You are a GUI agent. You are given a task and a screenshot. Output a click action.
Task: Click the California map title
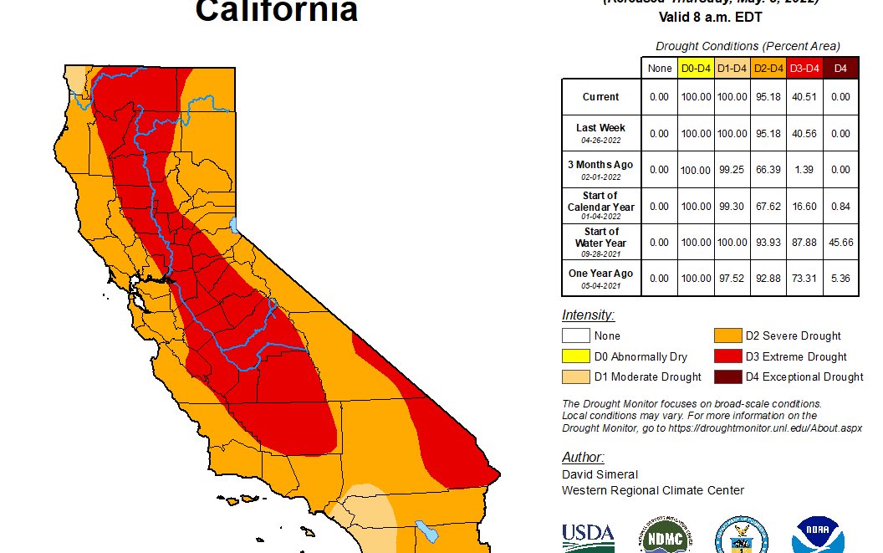coord(277,12)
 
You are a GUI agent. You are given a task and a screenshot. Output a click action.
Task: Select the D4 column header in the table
coord(840,68)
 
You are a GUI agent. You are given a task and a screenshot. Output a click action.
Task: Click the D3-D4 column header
coord(804,68)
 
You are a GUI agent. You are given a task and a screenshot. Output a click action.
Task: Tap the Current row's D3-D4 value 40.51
coord(804,97)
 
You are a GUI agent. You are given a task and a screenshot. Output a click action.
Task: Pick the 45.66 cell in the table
coord(840,243)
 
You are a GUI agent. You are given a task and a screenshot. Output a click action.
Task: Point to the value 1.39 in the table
coord(804,170)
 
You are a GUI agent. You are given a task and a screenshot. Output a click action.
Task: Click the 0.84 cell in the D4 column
coord(840,207)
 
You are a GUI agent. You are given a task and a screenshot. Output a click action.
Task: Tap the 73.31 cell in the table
coord(804,279)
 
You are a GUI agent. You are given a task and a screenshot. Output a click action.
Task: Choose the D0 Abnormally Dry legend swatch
coord(575,356)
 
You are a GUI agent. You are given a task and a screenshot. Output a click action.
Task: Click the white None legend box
coord(575,336)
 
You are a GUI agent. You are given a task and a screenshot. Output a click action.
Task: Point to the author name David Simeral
coord(600,474)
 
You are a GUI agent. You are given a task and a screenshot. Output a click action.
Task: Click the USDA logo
coord(588,535)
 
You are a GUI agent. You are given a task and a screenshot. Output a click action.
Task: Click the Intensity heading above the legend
coord(588,315)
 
